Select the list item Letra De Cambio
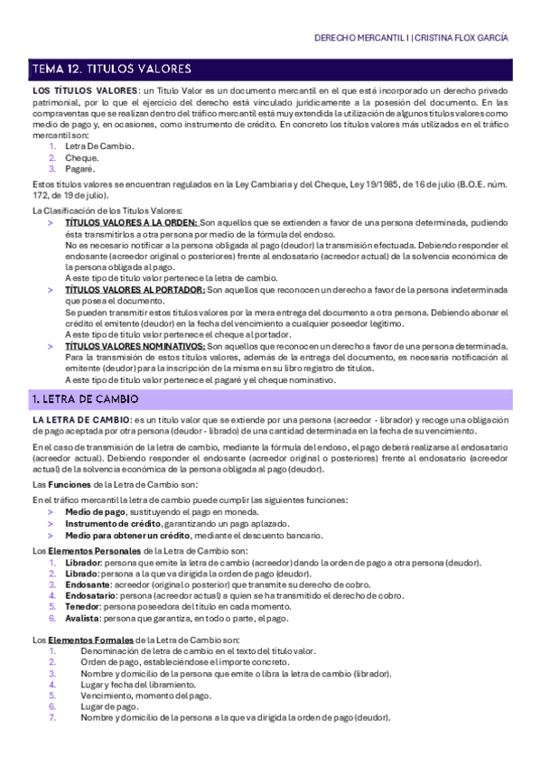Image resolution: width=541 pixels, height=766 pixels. coord(99,146)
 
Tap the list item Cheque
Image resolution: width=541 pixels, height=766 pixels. coord(82,158)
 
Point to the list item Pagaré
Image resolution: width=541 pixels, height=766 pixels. coord(80,169)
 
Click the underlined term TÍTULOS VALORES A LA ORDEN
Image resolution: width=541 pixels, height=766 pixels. coord(131,222)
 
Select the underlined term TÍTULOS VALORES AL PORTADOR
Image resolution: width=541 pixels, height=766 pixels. coord(135,290)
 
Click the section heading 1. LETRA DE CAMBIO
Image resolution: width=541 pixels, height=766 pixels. coord(86,398)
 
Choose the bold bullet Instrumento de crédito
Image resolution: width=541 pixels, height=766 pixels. coord(113,524)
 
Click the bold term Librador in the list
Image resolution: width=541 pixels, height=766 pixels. coord(83,563)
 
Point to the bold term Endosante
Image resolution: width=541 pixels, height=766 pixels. coord(88,584)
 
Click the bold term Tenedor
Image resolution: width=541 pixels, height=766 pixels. coord(83,607)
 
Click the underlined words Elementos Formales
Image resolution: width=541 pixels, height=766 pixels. coord(82,640)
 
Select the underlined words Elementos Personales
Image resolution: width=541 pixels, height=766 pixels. coord(87,551)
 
